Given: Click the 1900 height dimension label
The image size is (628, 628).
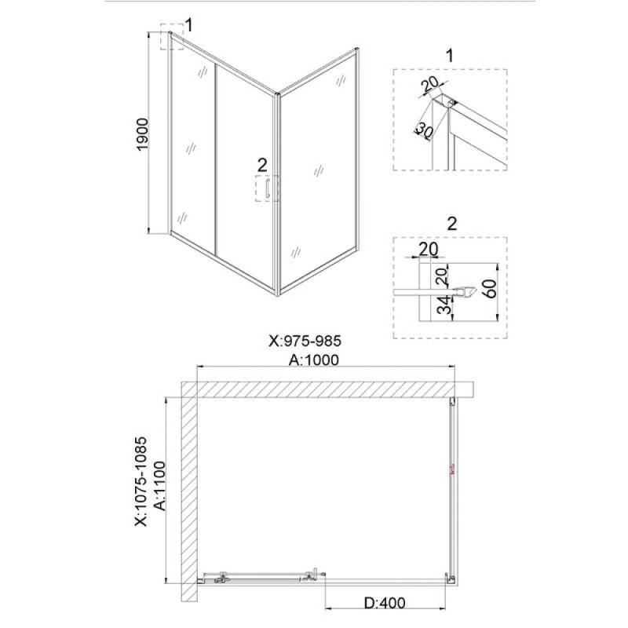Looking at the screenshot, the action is (x=143, y=134).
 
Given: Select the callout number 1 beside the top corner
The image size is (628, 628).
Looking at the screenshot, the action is (x=189, y=25).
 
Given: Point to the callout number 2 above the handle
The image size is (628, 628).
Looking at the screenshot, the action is (x=262, y=165).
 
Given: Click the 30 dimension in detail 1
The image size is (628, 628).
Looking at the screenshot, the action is (x=424, y=130).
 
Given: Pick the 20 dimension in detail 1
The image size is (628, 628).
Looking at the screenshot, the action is (x=431, y=83).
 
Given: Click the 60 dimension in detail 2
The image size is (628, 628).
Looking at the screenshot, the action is (x=491, y=289).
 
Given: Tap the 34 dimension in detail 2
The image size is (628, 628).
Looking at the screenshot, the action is (x=444, y=305).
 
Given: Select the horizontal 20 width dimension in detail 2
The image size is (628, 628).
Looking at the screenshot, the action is (x=429, y=249).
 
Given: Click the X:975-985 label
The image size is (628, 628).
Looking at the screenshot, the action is (x=305, y=341).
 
